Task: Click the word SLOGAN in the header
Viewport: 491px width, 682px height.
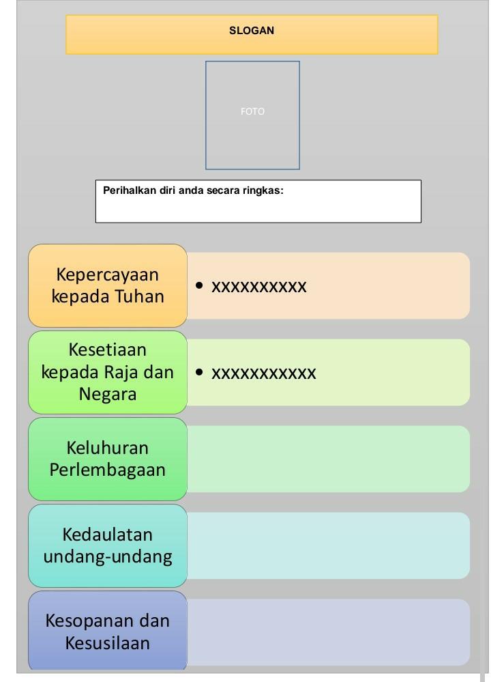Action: coord(252,31)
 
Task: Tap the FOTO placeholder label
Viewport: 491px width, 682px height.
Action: coord(252,111)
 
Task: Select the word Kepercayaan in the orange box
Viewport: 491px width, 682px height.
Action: coord(108,274)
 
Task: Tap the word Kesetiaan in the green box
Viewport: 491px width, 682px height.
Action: coord(108,350)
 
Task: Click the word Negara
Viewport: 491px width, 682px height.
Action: coord(108,394)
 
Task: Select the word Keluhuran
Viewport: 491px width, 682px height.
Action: coord(108,448)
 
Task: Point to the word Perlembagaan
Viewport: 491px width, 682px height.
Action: coord(108,470)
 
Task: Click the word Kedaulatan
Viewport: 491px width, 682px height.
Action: coord(108,534)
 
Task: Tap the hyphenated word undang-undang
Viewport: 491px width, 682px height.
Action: coord(108,556)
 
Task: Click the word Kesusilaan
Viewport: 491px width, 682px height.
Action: coord(108,642)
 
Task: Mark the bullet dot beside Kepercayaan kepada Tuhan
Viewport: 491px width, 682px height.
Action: coord(199,285)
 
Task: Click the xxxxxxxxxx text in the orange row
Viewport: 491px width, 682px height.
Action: coord(259,287)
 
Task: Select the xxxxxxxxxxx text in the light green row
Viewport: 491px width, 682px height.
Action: coord(264,373)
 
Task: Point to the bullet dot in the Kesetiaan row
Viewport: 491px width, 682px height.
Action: coord(199,372)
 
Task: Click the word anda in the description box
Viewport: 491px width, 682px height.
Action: coord(190,190)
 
